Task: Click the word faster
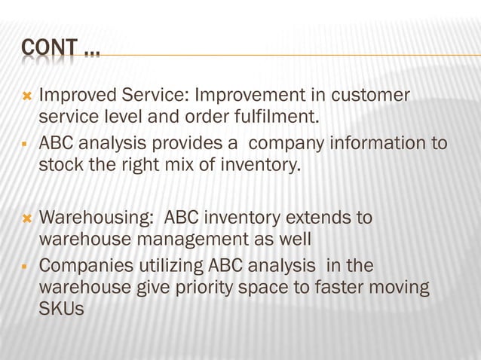345,288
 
